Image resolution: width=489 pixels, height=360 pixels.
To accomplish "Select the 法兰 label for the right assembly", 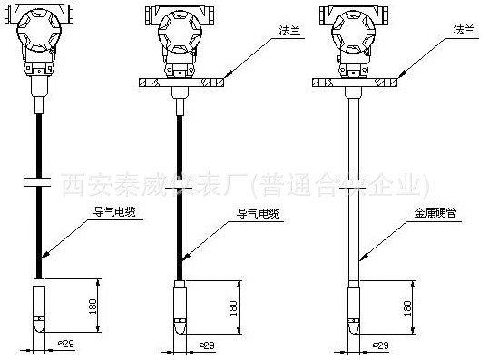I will (464, 31).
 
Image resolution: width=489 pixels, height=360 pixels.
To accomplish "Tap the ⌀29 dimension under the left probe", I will (66, 345).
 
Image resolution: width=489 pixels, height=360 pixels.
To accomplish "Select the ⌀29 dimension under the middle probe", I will (205, 345).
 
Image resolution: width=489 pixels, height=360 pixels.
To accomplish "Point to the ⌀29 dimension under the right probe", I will (380, 345).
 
